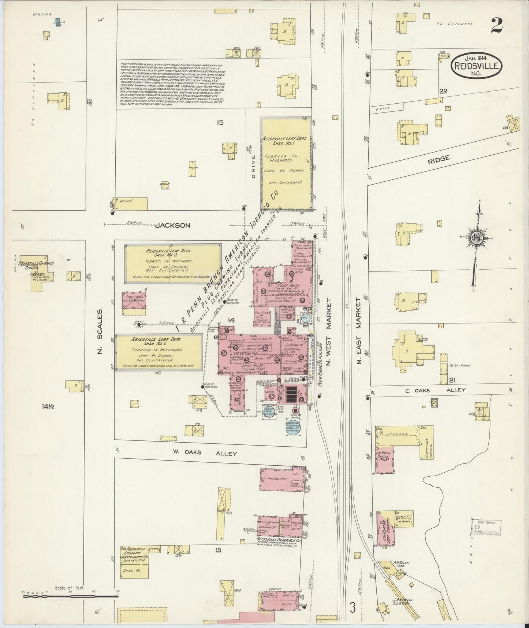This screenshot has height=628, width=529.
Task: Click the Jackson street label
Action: (x=172, y=226)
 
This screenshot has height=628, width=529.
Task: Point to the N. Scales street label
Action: (x=100, y=331)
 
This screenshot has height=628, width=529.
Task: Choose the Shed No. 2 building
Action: (x=159, y=351)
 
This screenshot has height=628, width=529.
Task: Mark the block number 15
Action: (x=219, y=123)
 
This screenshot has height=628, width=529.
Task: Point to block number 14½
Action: (x=48, y=406)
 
